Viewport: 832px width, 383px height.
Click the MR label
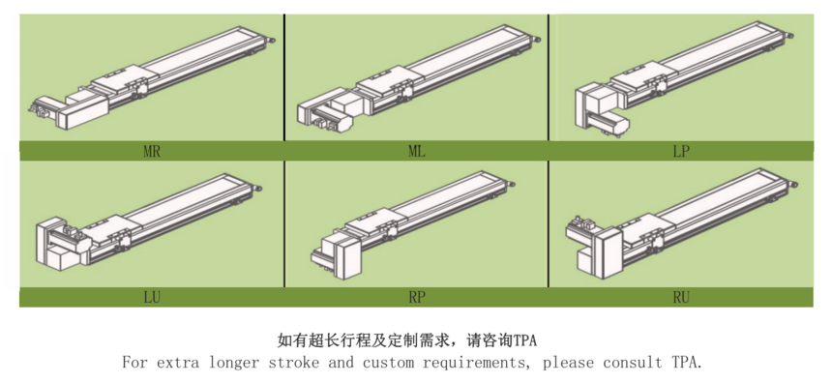tap(152, 151)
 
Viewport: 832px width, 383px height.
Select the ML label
tap(417, 151)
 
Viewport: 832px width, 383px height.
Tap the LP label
tap(681, 151)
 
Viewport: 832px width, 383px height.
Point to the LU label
tap(152, 298)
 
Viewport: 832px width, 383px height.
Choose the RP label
tap(417, 298)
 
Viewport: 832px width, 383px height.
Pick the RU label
tap(681, 298)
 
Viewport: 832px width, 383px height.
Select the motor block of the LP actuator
tap(601, 101)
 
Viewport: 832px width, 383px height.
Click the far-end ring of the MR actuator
tap(272, 39)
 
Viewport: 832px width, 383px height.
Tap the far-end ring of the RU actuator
tap(794, 183)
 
